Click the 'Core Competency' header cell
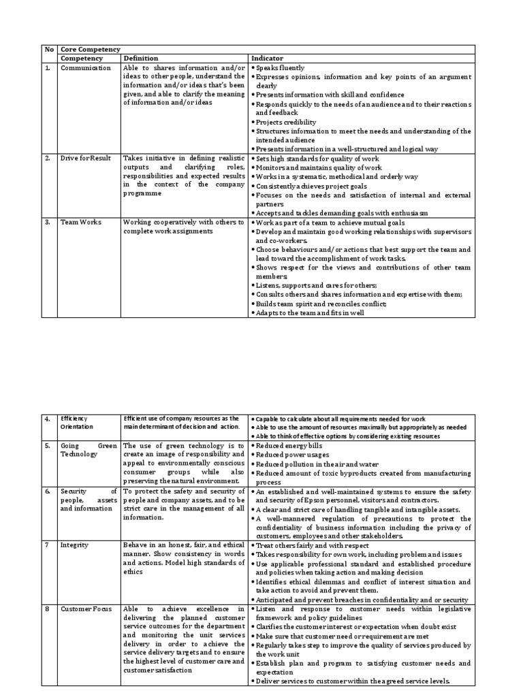[x=90, y=50]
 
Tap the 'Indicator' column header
[x=266, y=59]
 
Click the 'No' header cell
[x=49, y=50]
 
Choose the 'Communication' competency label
[x=85, y=68]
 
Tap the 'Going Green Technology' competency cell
[x=89, y=450]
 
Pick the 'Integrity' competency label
[x=74, y=545]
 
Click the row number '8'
[x=48, y=609]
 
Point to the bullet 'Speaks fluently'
[x=280, y=68]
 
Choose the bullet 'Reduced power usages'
[x=292, y=455]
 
